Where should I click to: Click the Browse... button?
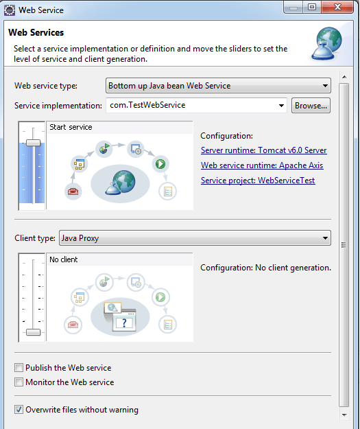click(x=311, y=106)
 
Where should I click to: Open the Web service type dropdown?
click(x=218, y=86)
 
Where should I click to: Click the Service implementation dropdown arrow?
click(x=281, y=106)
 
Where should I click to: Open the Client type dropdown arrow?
click(x=325, y=238)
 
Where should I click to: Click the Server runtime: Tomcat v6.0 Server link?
click(x=263, y=150)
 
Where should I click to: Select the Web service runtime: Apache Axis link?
click(x=262, y=165)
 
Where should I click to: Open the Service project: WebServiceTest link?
click(x=258, y=181)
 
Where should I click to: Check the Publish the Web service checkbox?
click(x=19, y=367)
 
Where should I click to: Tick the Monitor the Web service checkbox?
click(x=19, y=382)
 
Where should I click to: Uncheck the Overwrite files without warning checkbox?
click(x=19, y=410)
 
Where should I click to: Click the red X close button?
click(x=337, y=7)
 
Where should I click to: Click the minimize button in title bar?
click(x=293, y=8)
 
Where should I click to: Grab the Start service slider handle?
click(x=33, y=143)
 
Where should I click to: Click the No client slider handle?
click(x=33, y=332)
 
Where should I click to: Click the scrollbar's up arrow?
click(x=344, y=77)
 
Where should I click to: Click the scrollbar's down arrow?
click(x=344, y=415)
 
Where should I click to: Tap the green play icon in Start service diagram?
click(x=160, y=164)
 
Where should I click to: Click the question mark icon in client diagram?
click(x=125, y=323)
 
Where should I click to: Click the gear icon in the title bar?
click(x=10, y=10)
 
